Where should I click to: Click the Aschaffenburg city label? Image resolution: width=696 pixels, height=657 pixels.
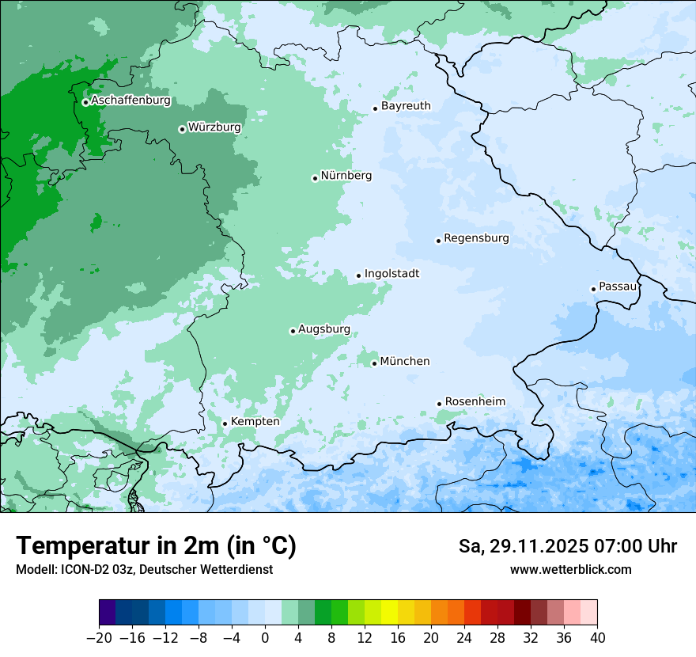pos(130,101)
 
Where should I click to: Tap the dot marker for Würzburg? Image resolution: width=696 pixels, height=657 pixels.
pos(182,129)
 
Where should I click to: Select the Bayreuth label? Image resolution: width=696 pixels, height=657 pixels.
pos(406,105)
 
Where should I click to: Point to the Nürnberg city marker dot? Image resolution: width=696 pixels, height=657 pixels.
pos(315,178)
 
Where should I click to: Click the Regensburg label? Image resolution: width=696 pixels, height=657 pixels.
pos(476,237)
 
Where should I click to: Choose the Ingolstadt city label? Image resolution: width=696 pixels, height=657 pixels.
pos(391,273)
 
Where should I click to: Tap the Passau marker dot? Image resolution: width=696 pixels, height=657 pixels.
pos(593,289)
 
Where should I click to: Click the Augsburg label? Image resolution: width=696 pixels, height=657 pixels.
pos(324,329)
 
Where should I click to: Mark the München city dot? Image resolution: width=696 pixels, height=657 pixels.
pos(374,363)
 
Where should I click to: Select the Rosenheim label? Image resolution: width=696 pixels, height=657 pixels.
pos(475,401)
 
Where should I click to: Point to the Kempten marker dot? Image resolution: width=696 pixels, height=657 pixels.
pos(225,423)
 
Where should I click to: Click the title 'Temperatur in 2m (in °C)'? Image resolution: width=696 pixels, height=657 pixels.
pos(156,546)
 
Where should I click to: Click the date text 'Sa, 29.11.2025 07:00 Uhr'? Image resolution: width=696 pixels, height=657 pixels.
pos(567,546)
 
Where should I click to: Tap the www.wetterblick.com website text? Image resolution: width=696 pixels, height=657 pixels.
pos(570,569)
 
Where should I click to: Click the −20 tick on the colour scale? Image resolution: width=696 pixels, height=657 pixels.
pos(100,637)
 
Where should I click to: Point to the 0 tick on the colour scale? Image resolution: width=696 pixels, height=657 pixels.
pos(265,637)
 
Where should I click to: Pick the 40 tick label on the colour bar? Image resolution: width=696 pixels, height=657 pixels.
pos(597,637)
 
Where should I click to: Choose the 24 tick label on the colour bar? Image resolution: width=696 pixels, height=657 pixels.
pos(464,637)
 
